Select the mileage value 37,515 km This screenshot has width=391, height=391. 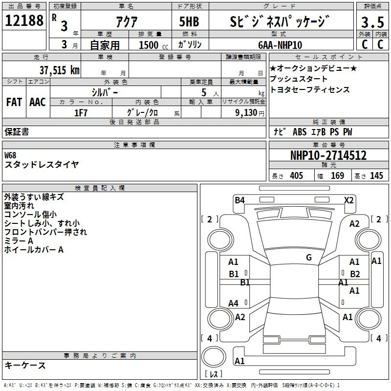tap(59, 70)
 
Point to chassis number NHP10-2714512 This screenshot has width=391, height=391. tap(328, 155)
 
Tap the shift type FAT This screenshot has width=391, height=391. tap(14, 102)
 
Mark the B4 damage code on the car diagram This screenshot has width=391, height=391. tap(239, 199)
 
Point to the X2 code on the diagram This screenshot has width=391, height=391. tap(348, 200)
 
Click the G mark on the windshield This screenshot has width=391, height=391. tap(309, 258)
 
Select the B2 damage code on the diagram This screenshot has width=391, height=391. tap(355, 274)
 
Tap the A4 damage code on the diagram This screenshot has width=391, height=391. tap(234, 304)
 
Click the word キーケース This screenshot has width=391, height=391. tap(25, 365)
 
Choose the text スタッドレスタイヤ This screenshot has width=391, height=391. tap(42, 165)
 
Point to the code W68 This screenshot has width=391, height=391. tap(10, 155)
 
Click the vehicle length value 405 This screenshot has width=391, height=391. tap(296, 176)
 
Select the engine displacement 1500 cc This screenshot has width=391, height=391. tap(152, 45)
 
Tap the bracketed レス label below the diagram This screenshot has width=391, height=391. tap(214, 374)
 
